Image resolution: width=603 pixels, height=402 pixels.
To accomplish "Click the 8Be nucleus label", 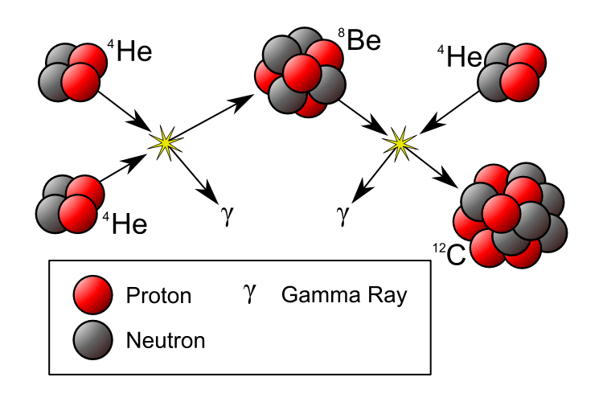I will pos(359,43).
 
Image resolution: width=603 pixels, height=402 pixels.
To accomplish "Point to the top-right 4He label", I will pos(454,56).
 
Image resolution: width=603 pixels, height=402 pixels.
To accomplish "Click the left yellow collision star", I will pos(165,142).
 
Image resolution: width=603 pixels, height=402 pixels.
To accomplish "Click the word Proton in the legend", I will pos(158,296).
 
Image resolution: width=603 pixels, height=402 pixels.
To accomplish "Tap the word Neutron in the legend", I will pos(166,340).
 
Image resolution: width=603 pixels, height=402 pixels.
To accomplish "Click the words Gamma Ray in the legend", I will pos(344,295).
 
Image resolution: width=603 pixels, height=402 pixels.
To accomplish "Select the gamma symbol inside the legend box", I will pos(251,295).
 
